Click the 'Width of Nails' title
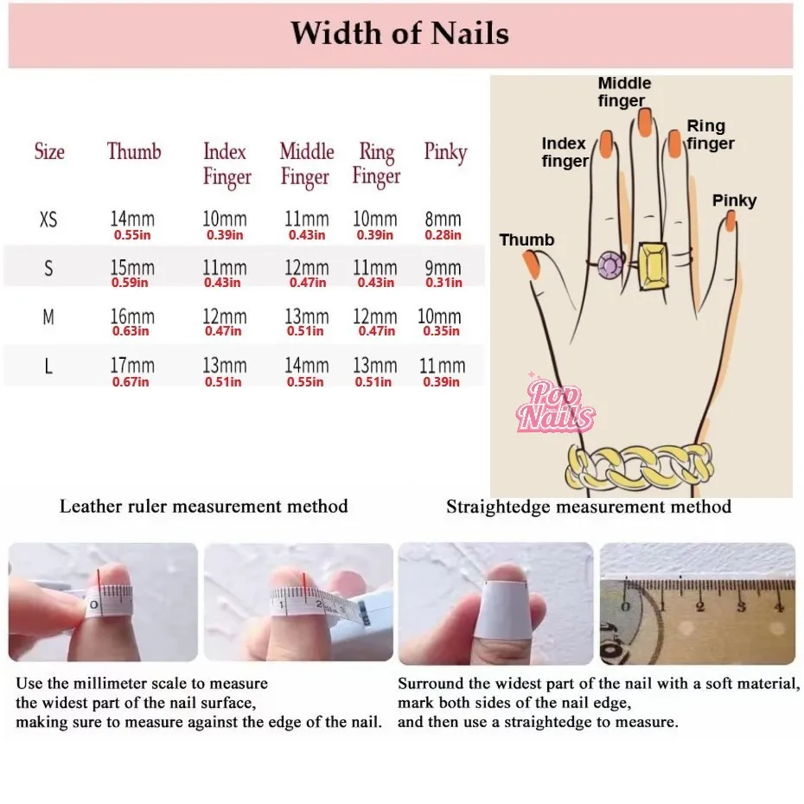pyautogui.click(x=399, y=34)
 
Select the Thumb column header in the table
pyautogui.click(x=134, y=152)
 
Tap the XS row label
pyautogui.click(x=48, y=220)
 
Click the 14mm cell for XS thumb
pyautogui.click(x=131, y=220)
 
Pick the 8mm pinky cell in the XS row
pyautogui.click(x=443, y=220)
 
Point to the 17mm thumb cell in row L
pyautogui.click(x=131, y=367)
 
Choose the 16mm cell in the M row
pyautogui.click(x=131, y=317)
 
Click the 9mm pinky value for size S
pyautogui.click(x=443, y=269)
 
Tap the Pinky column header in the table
pyautogui.click(x=445, y=152)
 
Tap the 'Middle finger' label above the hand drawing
pyautogui.click(x=624, y=92)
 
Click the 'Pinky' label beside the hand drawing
pyautogui.click(x=734, y=201)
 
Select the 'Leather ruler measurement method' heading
pyautogui.click(x=204, y=507)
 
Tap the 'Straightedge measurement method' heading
pyautogui.click(x=589, y=507)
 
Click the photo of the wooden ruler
pyautogui.click(x=698, y=603)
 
